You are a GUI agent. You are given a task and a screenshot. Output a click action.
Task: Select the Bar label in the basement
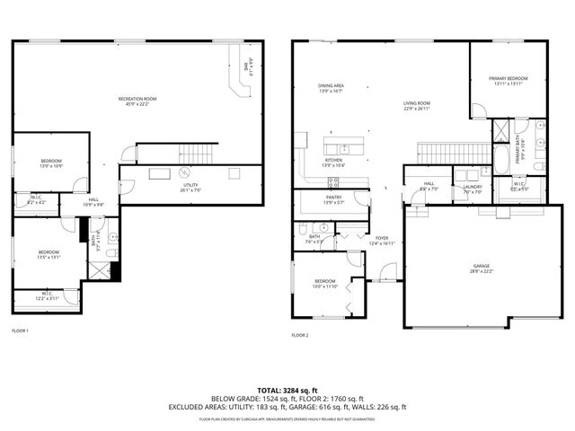(247, 66)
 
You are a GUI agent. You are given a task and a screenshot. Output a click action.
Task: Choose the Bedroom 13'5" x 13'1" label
(48, 254)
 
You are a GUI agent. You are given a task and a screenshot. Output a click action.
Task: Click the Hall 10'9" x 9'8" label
(94, 202)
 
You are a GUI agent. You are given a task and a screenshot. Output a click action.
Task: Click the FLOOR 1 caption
(20, 331)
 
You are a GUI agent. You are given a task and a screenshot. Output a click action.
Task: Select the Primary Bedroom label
(508, 81)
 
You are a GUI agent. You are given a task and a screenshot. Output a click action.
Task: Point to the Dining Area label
(331, 88)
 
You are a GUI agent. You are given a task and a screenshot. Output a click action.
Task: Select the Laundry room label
(473, 189)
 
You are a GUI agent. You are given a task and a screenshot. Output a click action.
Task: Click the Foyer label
(383, 240)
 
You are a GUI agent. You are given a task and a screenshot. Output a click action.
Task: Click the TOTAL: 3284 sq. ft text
(287, 391)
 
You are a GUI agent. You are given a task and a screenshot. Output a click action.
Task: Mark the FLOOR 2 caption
(300, 336)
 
